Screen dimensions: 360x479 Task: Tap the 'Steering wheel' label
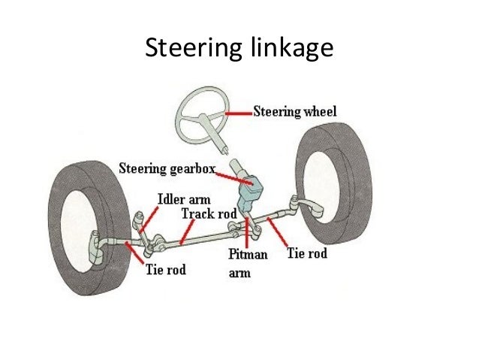294,112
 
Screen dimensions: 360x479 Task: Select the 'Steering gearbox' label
166,167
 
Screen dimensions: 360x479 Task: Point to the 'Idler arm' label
182,200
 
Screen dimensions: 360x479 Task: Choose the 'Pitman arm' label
249,264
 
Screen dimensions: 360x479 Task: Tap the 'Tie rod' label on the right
307,253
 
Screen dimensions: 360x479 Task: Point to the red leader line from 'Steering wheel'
238,113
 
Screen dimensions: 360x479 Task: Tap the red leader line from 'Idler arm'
149,217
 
